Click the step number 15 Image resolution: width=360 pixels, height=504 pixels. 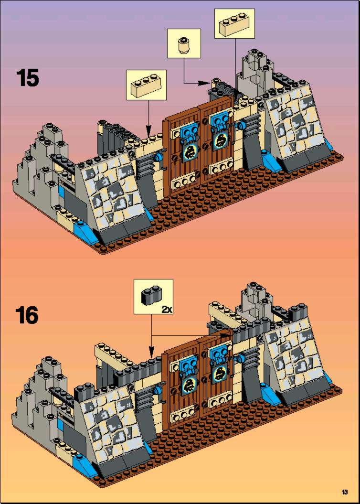point(28,78)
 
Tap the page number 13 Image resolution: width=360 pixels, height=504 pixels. point(345,492)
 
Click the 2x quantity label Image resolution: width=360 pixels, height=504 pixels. point(167,310)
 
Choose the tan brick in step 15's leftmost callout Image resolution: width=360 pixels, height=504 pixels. point(147,85)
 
